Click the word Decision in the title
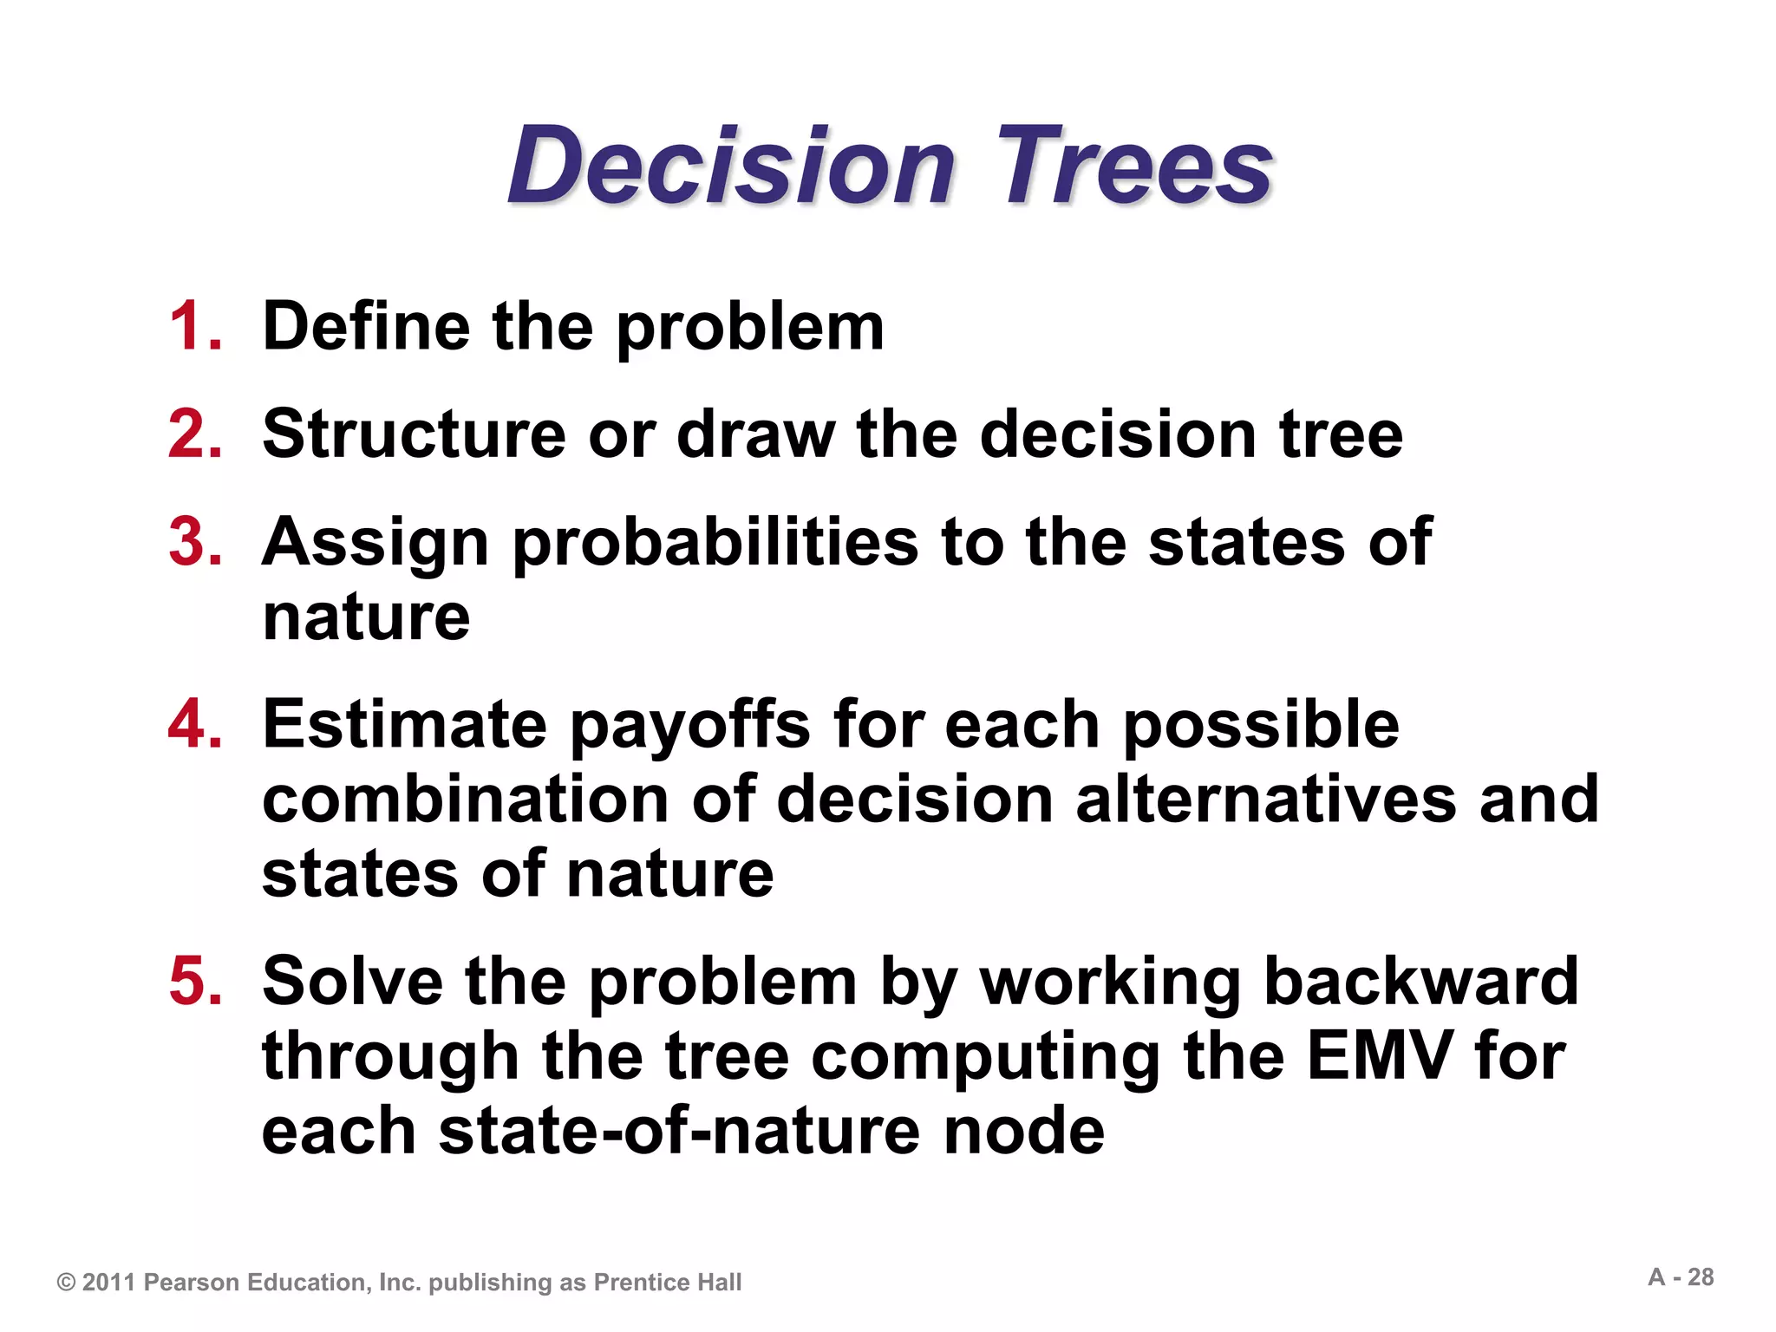[731, 166]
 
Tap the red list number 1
[193, 327]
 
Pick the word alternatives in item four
[1266, 800]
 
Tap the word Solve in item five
[352, 982]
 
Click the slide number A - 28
[1681, 1277]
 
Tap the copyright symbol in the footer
[66, 1283]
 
